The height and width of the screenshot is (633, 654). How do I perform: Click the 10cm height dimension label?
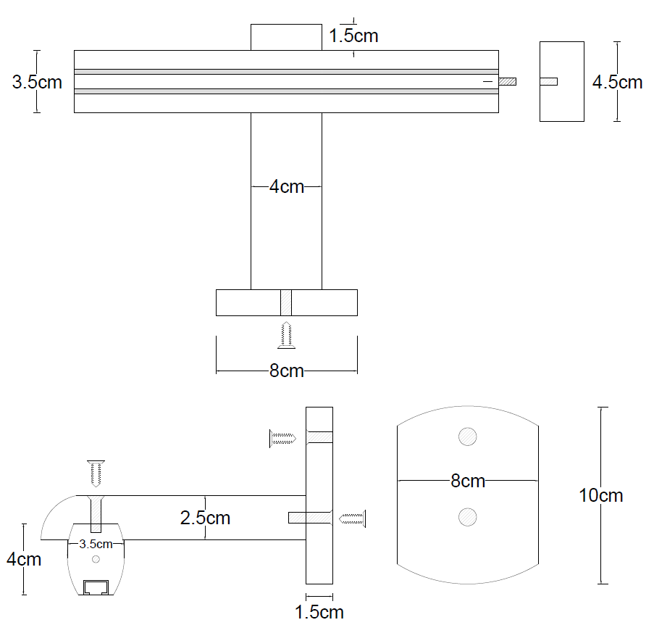tap(600, 496)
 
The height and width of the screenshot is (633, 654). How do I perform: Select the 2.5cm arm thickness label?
tap(205, 518)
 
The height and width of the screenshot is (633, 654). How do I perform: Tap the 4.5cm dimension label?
tap(617, 82)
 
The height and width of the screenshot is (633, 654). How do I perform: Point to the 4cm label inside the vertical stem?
tap(286, 186)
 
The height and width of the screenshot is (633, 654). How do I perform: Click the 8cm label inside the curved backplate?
tap(467, 480)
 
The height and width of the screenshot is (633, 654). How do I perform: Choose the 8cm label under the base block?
tap(286, 371)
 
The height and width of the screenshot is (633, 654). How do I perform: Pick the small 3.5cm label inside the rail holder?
tap(96, 543)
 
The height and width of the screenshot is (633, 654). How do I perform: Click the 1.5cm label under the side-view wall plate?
tap(319, 612)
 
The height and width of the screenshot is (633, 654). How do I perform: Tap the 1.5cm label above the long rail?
tap(353, 36)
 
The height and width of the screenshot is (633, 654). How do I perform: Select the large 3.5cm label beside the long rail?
tap(37, 82)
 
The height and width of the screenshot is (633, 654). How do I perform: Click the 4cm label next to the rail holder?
tap(24, 559)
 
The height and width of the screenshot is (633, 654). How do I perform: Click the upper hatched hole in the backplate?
tap(468, 437)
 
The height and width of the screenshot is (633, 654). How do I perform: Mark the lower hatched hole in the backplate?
tap(468, 516)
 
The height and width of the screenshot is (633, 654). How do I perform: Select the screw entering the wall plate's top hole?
tap(283, 437)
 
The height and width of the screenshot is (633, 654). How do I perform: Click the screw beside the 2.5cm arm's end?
tap(353, 518)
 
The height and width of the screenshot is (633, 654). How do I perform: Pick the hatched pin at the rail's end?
tap(507, 81)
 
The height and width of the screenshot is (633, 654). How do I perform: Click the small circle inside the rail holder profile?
tap(96, 560)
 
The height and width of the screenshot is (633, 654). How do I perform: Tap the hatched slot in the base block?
tap(286, 302)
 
